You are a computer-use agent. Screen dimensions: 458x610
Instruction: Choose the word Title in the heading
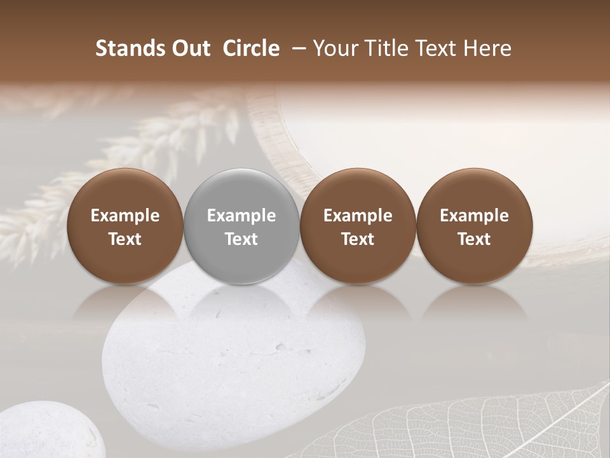click(383, 48)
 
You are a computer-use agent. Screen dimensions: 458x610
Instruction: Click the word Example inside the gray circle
click(241, 216)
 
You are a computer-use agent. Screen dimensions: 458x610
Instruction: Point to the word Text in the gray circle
click(241, 239)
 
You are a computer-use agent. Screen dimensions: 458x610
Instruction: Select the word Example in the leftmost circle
click(125, 216)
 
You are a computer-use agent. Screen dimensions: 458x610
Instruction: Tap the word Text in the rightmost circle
click(474, 239)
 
